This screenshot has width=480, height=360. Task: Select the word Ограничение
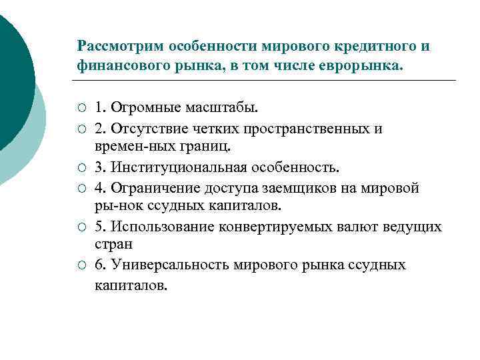coord(151,187)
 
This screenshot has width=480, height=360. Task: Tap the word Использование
coord(160,227)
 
